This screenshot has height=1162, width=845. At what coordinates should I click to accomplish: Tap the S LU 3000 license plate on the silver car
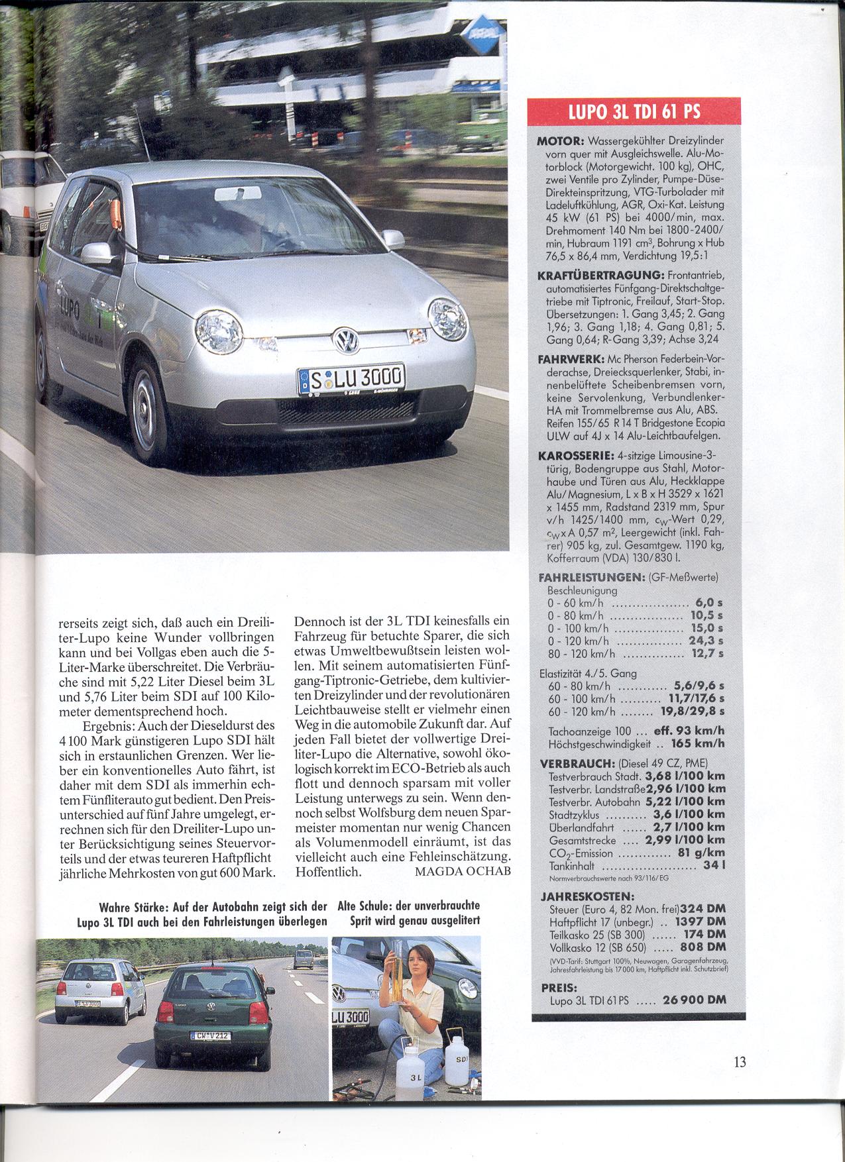349,380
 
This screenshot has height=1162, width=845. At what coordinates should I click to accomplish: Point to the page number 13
740,1062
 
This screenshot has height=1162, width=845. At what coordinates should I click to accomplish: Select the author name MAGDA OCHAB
463,871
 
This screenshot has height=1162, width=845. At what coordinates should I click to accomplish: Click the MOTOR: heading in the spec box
559,141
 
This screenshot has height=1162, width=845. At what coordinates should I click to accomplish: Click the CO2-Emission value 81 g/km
701,853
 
